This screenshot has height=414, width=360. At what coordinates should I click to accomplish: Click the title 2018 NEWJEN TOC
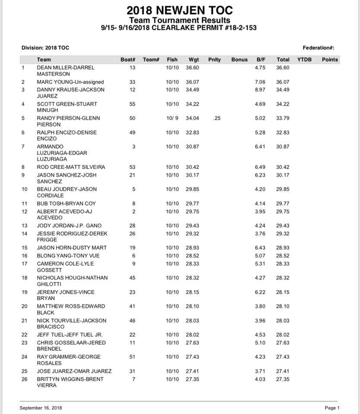point(180,11)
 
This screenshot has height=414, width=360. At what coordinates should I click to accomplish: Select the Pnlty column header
point(214,60)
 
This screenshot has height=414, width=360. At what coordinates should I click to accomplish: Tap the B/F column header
point(261,60)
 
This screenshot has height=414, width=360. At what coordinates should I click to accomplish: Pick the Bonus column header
point(239,60)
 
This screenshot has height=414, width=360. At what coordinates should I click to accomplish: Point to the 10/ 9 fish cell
point(172,118)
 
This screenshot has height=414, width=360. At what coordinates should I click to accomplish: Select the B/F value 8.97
point(261,90)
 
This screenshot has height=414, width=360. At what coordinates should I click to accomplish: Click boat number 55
point(133,104)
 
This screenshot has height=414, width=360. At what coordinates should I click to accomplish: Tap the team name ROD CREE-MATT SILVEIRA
point(71,167)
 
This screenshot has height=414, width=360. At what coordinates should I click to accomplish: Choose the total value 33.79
point(283,118)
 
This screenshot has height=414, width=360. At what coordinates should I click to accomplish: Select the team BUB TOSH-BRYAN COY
point(66,204)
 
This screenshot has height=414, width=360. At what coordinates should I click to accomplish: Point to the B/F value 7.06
point(261,82)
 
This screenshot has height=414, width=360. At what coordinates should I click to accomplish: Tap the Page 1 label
point(332,408)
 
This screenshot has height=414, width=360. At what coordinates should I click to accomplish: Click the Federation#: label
point(319,48)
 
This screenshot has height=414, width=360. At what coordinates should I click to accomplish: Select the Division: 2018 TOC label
point(45,48)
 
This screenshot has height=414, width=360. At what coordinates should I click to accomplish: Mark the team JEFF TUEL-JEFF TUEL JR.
point(69,335)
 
